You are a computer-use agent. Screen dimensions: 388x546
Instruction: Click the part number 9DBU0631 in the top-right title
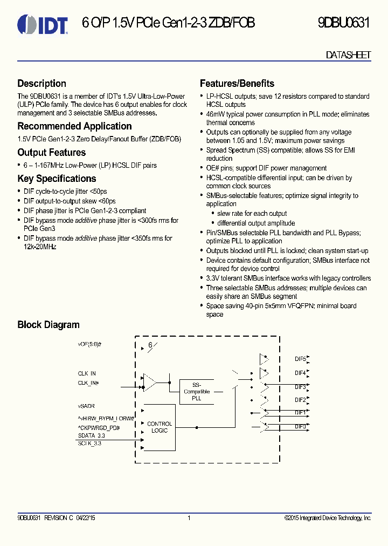343,23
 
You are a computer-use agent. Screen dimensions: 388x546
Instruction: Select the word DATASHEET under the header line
349,56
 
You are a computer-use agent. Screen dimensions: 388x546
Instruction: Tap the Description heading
42,84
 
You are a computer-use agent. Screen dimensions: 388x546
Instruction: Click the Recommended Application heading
74,126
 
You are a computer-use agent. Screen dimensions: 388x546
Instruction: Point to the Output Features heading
52,153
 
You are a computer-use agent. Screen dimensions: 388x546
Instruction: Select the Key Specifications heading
57,179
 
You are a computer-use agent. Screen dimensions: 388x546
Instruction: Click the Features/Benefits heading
237,84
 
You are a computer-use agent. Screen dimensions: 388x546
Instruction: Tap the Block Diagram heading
48,325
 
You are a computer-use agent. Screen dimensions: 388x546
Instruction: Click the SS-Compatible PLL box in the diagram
196,391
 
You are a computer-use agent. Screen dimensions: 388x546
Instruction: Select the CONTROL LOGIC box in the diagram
160,427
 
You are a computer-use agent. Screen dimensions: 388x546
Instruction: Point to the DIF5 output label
300,359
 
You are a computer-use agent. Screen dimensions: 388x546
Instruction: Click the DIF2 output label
300,400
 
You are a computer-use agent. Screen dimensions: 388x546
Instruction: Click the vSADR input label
86,405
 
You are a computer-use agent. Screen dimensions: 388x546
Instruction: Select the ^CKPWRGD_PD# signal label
99,428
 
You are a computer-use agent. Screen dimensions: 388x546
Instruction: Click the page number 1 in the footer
189,518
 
